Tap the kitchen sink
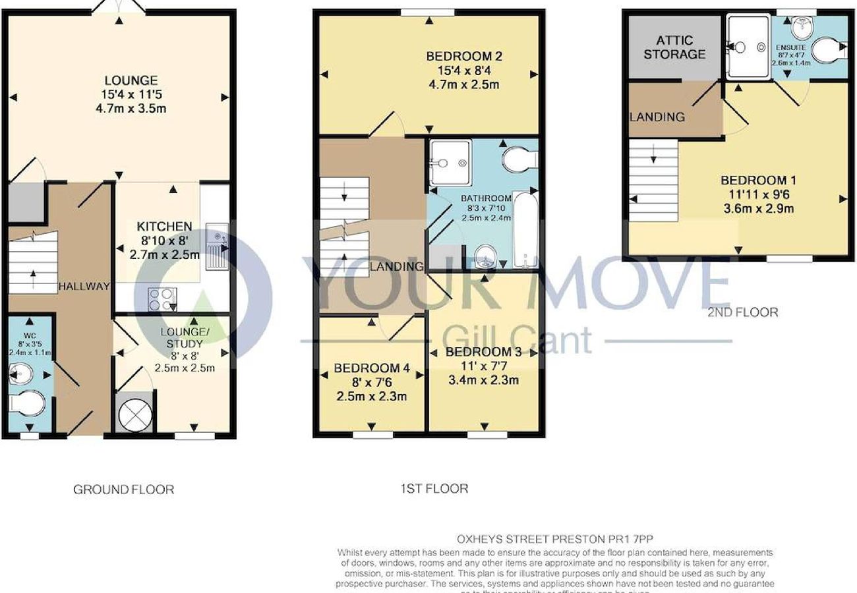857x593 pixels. (x=218, y=247)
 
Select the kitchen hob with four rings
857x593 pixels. (x=161, y=300)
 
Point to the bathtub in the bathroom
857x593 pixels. (x=525, y=230)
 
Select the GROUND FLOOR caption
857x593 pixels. (x=123, y=490)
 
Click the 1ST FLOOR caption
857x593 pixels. (x=434, y=488)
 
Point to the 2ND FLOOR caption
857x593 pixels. (x=743, y=312)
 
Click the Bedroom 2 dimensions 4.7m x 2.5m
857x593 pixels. (x=459, y=84)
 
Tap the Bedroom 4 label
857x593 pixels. (x=372, y=368)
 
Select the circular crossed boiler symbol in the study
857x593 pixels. (x=134, y=414)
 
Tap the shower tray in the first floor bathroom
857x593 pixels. (x=450, y=162)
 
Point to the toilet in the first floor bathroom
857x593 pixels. (x=521, y=158)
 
